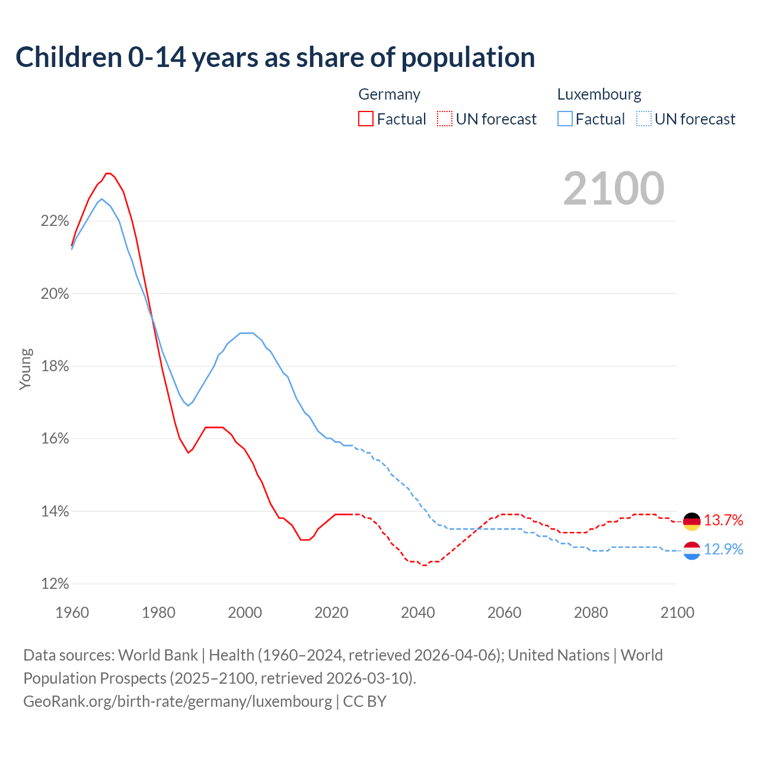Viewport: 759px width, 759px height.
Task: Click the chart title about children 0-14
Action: click(275, 58)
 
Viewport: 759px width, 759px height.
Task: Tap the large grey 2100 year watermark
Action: click(614, 189)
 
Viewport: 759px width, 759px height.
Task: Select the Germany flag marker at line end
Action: click(691, 521)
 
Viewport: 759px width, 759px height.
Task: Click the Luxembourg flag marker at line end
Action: click(691, 550)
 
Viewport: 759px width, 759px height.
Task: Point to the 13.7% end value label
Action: click(723, 521)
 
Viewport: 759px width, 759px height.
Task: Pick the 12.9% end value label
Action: click(723, 550)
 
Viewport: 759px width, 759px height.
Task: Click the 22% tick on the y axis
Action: click(55, 221)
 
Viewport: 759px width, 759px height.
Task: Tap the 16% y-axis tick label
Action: click(55, 439)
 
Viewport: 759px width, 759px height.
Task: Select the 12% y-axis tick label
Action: click(55, 584)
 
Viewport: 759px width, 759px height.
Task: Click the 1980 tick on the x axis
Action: click(158, 613)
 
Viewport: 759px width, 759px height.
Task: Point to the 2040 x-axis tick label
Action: click(417, 613)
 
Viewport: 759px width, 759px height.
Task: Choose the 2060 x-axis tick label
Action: click(504, 613)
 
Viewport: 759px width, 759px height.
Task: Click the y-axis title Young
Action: click(25, 369)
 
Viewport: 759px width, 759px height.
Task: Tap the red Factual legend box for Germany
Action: click(366, 119)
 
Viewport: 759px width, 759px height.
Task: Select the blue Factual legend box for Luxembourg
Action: click(565, 119)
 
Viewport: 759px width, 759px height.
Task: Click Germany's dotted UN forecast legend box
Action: click(445, 119)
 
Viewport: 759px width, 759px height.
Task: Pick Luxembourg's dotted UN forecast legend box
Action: click(643, 119)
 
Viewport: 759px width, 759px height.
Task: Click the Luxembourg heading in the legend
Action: click(599, 94)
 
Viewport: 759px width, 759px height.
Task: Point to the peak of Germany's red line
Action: click(108, 173)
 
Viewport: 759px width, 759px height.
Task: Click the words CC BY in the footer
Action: click(365, 701)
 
